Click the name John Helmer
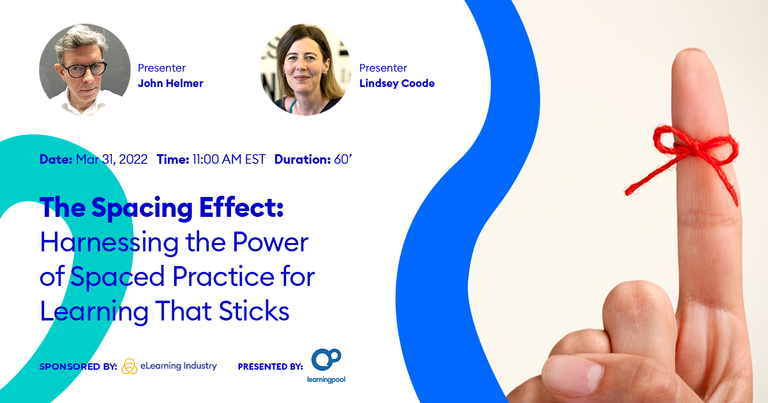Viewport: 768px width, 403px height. click(170, 83)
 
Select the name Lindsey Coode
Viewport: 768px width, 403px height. click(397, 83)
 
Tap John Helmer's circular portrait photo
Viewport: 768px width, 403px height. click(84, 70)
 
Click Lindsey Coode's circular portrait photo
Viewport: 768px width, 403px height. click(305, 70)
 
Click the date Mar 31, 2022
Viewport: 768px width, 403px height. click(112, 159)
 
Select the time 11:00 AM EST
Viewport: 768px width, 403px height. click(229, 159)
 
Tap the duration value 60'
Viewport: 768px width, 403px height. click(342, 159)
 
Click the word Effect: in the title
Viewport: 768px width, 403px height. click(242, 207)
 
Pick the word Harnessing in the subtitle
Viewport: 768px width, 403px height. click(109, 243)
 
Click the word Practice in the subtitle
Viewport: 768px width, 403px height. click(223, 276)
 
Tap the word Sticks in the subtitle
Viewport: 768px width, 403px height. click(254, 311)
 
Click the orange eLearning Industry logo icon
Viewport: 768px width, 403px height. click(129, 367)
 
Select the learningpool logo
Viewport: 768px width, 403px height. click(326, 366)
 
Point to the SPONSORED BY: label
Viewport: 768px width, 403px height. click(78, 367)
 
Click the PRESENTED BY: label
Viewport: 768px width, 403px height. click(271, 367)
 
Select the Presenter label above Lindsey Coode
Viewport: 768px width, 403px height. click(383, 68)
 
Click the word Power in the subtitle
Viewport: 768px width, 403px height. click(271, 242)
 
